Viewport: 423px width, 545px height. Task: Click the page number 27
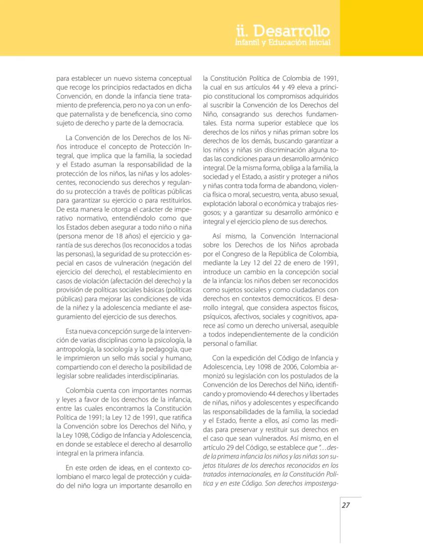coord(345,505)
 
